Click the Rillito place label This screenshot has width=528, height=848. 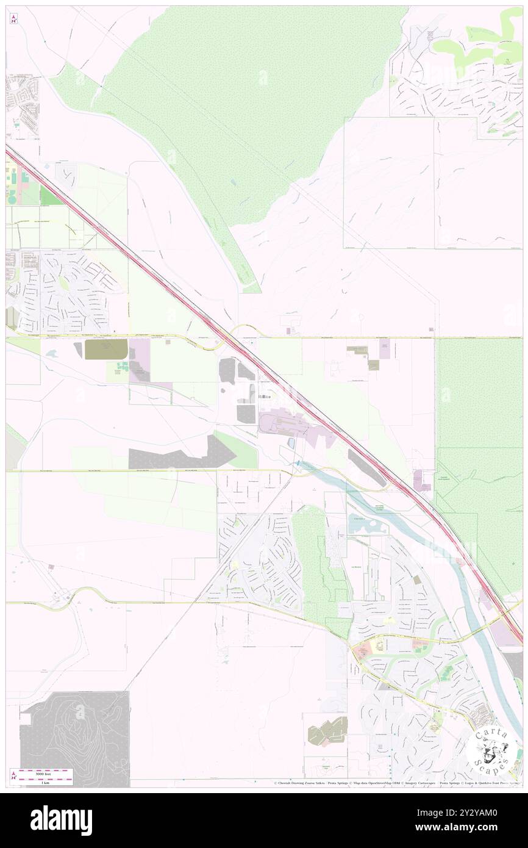[x=265, y=397]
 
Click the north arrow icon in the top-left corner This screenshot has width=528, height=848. [x=13, y=18]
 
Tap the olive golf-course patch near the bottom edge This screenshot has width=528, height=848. [x=327, y=731]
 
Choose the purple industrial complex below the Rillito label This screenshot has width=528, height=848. [x=287, y=423]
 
